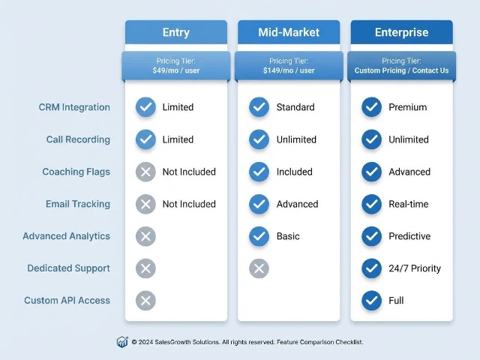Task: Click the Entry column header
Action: (175, 32)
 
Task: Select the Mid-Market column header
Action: (289, 32)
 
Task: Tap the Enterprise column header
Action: (401, 32)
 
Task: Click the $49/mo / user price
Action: (175, 70)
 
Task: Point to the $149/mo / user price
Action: (289, 70)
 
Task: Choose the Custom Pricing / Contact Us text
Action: (401, 70)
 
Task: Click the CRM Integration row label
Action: (74, 107)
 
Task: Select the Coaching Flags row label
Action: (76, 172)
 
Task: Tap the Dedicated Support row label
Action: (68, 268)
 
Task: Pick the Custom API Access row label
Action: (67, 301)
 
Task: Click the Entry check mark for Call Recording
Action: (145, 139)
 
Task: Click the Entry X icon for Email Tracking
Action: (145, 204)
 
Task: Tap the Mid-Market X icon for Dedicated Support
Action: (259, 268)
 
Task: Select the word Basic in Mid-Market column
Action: (289, 236)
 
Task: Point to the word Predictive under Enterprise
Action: (409, 236)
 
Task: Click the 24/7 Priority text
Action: (415, 268)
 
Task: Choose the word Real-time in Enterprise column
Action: (409, 204)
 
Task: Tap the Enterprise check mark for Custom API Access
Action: (371, 301)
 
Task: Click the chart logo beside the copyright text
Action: (122, 342)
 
